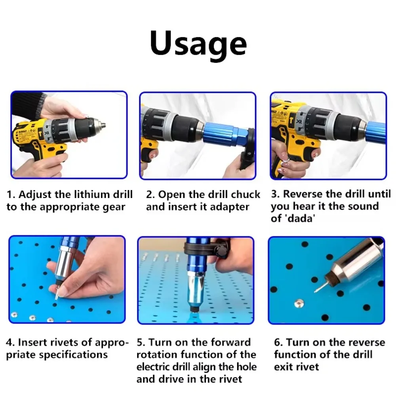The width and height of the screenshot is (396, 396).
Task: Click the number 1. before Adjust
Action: coord(11,194)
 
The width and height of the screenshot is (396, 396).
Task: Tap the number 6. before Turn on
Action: coord(279,342)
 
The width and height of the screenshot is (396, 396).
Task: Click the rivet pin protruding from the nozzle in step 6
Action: coord(319,287)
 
